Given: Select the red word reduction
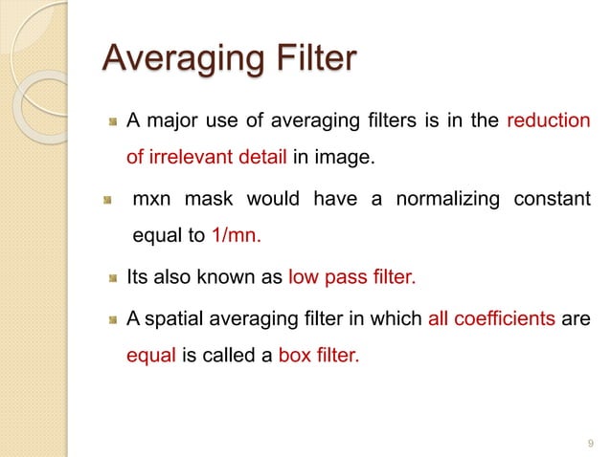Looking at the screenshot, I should coord(548,121).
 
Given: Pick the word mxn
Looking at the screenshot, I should coord(152,200).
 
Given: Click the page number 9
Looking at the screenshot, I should coord(588,443).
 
